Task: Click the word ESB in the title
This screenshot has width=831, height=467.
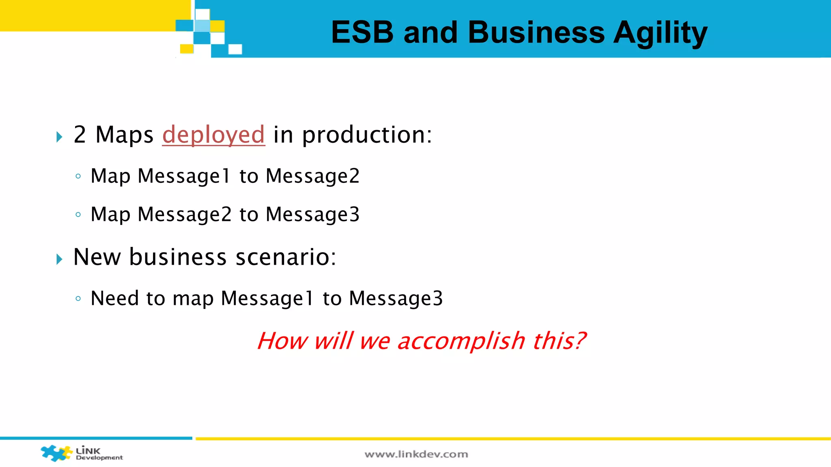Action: [x=362, y=32]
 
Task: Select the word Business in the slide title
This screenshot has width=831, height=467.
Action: [x=536, y=32]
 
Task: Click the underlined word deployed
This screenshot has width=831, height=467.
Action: [x=213, y=135]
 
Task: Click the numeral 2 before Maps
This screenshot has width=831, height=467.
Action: [x=80, y=135]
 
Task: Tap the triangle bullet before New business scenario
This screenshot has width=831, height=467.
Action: [x=59, y=259]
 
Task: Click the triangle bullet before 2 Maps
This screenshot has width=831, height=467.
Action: [x=59, y=137]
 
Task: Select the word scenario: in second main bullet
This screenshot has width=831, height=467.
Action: [x=286, y=257]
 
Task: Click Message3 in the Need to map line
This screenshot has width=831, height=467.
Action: [x=396, y=299]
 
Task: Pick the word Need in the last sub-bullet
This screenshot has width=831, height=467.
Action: [x=114, y=298]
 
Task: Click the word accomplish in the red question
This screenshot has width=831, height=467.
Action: [x=461, y=341]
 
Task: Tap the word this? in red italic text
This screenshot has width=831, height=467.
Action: [x=559, y=341]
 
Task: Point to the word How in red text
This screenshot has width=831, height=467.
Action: [x=282, y=341]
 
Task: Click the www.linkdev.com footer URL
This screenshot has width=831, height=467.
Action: [x=416, y=454]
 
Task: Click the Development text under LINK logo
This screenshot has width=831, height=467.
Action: [x=99, y=458]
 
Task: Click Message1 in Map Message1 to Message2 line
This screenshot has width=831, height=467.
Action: [x=184, y=176]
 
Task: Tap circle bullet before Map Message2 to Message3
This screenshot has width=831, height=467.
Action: [x=78, y=214]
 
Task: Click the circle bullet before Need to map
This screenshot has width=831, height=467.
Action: [x=78, y=299]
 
